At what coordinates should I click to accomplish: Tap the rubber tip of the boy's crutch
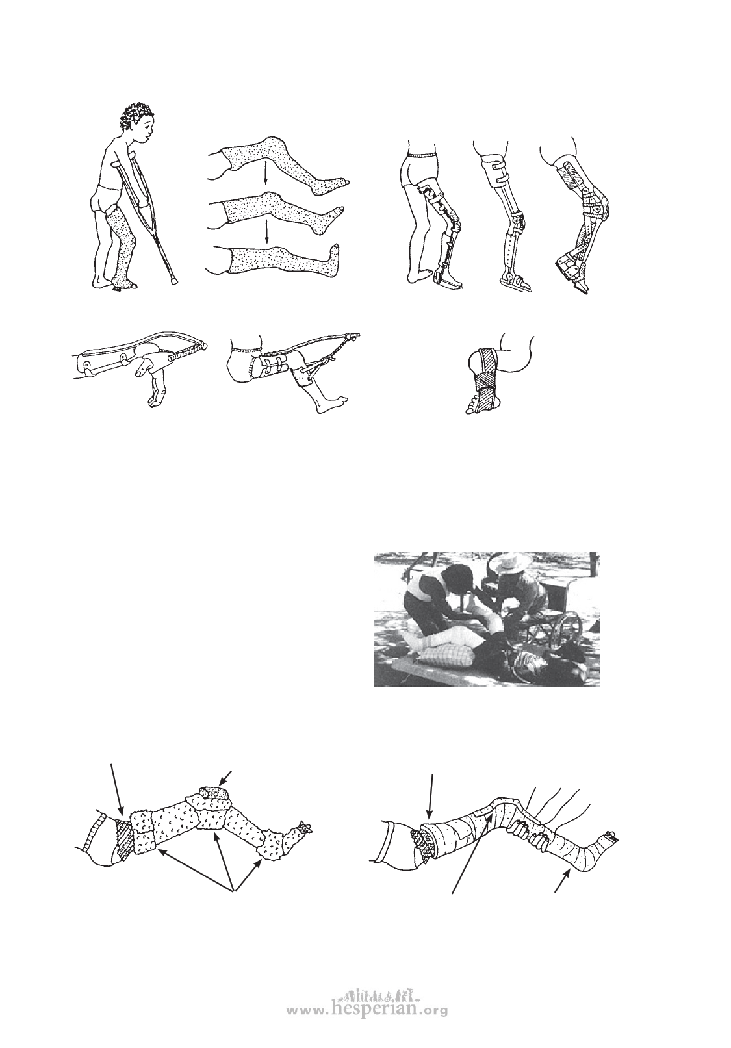[175, 281]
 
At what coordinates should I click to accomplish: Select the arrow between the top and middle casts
[265, 177]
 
